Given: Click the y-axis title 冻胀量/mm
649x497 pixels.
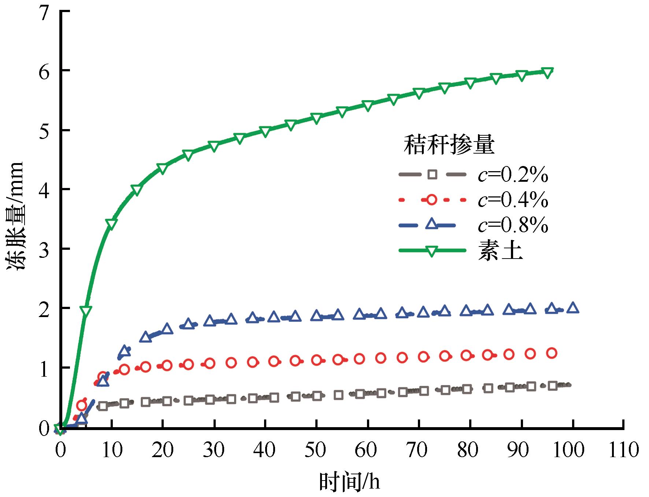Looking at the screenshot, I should click(x=15, y=217).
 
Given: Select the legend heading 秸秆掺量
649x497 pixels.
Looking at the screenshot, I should click(x=449, y=145).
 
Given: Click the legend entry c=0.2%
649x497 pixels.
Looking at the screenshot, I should click(x=513, y=176).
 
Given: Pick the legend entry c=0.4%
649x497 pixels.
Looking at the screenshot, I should click(x=513, y=200).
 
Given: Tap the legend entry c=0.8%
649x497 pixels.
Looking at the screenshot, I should click(x=513, y=226).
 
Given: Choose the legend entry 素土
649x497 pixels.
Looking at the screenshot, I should click(x=500, y=251).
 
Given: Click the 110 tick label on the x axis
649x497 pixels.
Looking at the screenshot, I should click(x=624, y=449).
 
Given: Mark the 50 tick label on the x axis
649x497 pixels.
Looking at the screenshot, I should click(x=316, y=449).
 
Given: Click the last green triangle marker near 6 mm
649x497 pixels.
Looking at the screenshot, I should click(x=547, y=72).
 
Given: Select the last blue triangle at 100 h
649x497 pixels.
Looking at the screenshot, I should click(x=573, y=308).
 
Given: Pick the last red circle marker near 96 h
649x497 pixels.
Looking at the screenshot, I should click(x=552, y=353).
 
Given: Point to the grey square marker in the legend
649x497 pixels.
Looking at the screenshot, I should click(x=432, y=175).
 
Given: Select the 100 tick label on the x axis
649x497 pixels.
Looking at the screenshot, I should click(x=572, y=449).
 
